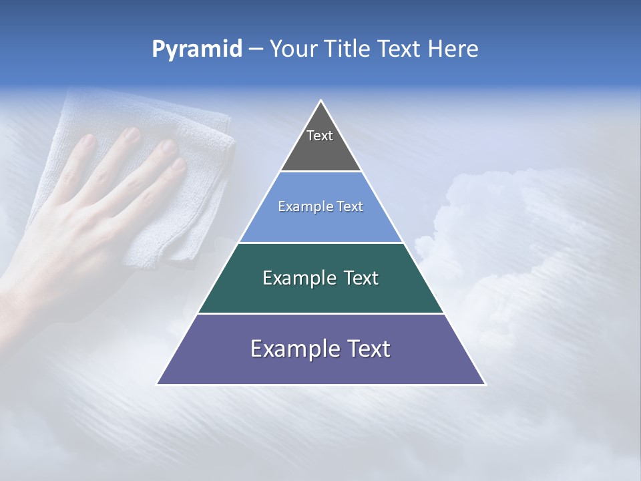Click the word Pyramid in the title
click(196, 49)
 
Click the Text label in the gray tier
click(320, 136)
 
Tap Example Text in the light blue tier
click(320, 206)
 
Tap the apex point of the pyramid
click(321, 102)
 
